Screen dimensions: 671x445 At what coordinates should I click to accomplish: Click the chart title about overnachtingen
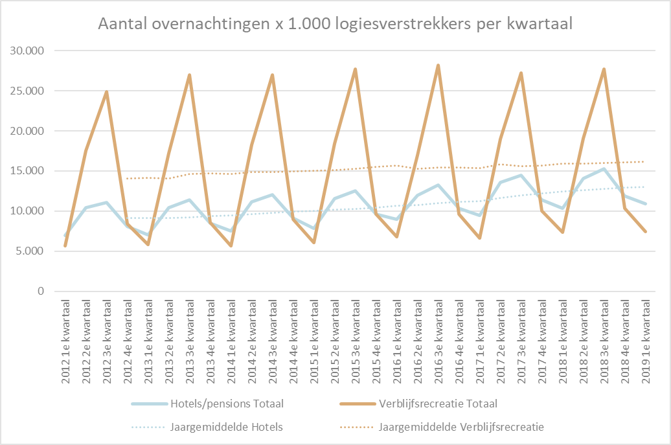(x=335, y=23)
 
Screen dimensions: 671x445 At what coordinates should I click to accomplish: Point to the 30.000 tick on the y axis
(x=27, y=51)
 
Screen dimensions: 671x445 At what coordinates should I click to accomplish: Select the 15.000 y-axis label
(x=27, y=171)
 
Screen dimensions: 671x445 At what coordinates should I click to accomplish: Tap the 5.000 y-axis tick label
(x=30, y=251)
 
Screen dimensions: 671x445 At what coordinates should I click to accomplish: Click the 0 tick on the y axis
(x=41, y=291)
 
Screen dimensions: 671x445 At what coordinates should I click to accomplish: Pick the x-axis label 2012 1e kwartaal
(x=65, y=341)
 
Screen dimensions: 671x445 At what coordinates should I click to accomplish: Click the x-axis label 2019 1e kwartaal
(x=646, y=341)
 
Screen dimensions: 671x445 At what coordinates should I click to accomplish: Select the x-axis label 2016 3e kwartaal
(x=438, y=341)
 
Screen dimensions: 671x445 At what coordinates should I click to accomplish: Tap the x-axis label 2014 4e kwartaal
(x=293, y=341)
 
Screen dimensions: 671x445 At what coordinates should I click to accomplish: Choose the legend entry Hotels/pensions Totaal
(x=207, y=404)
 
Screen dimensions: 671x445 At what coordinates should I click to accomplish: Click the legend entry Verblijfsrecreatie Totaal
(x=418, y=404)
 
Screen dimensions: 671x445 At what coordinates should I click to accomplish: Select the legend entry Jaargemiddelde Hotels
(x=207, y=427)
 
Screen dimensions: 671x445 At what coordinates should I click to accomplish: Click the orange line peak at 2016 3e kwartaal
(x=438, y=65)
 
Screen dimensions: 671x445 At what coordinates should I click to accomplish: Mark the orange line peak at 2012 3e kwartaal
(x=107, y=91)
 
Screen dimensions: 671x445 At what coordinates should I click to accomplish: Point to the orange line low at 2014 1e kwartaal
(x=231, y=245)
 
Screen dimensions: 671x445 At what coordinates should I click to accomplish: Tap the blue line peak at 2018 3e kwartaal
(x=604, y=168)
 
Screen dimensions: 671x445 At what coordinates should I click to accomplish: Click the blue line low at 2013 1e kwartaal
(x=148, y=235)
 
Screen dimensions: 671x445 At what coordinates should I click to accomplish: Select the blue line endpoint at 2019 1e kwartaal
(x=645, y=203)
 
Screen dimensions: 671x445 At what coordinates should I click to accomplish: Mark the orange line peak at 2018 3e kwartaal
(x=604, y=69)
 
